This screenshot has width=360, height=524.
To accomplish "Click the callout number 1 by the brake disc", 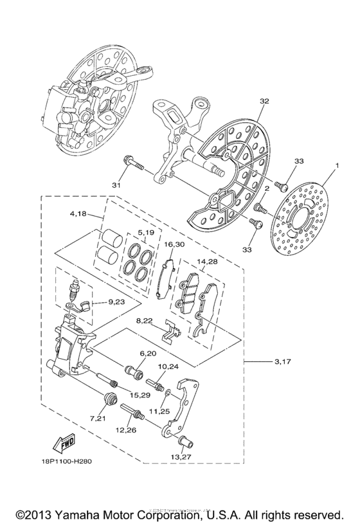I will pyautogui.click(x=336, y=165).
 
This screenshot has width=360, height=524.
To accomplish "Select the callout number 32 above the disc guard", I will pyautogui.click(x=264, y=102).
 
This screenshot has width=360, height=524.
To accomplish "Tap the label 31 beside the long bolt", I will pyautogui.click(x=116, y=185).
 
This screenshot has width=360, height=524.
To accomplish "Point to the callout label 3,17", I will pyautogui.click(x=283, y=363).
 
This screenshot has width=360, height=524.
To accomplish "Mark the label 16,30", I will pyautogui.click(x=175, y=244).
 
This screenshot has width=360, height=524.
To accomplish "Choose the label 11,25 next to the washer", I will pyautogui.click(x=160, y=410).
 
